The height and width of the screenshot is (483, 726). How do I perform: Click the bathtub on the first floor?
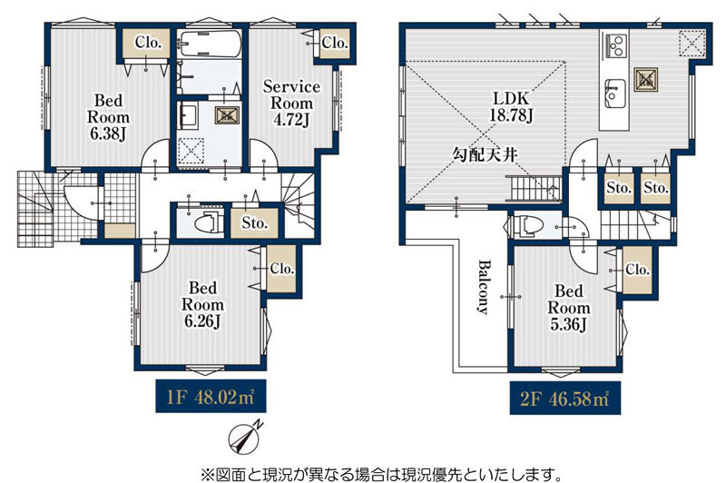coord(210,44)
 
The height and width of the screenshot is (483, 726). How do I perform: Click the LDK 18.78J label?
coord(511,106)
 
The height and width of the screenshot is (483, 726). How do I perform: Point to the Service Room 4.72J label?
coord(291,103)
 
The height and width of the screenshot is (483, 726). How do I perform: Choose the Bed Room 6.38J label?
coord(108,117)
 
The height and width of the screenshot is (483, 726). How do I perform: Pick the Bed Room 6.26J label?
coord(202,304)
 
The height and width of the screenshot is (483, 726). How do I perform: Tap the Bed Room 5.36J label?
coord(569,308)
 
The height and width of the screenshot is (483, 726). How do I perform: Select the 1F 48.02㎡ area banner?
coord(211,397)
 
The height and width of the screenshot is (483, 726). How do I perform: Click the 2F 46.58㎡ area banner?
coord(564,399)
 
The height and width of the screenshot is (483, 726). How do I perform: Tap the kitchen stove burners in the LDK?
coord(616,45)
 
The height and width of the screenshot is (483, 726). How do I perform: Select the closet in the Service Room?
coord(334,43)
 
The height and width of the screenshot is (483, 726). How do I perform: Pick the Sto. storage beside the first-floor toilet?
coord(254,223)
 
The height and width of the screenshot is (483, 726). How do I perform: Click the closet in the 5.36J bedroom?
coord(637,270)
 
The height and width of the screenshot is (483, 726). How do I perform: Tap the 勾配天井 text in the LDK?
coord(485,155)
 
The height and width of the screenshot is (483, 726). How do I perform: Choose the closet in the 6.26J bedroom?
coord(281,269)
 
